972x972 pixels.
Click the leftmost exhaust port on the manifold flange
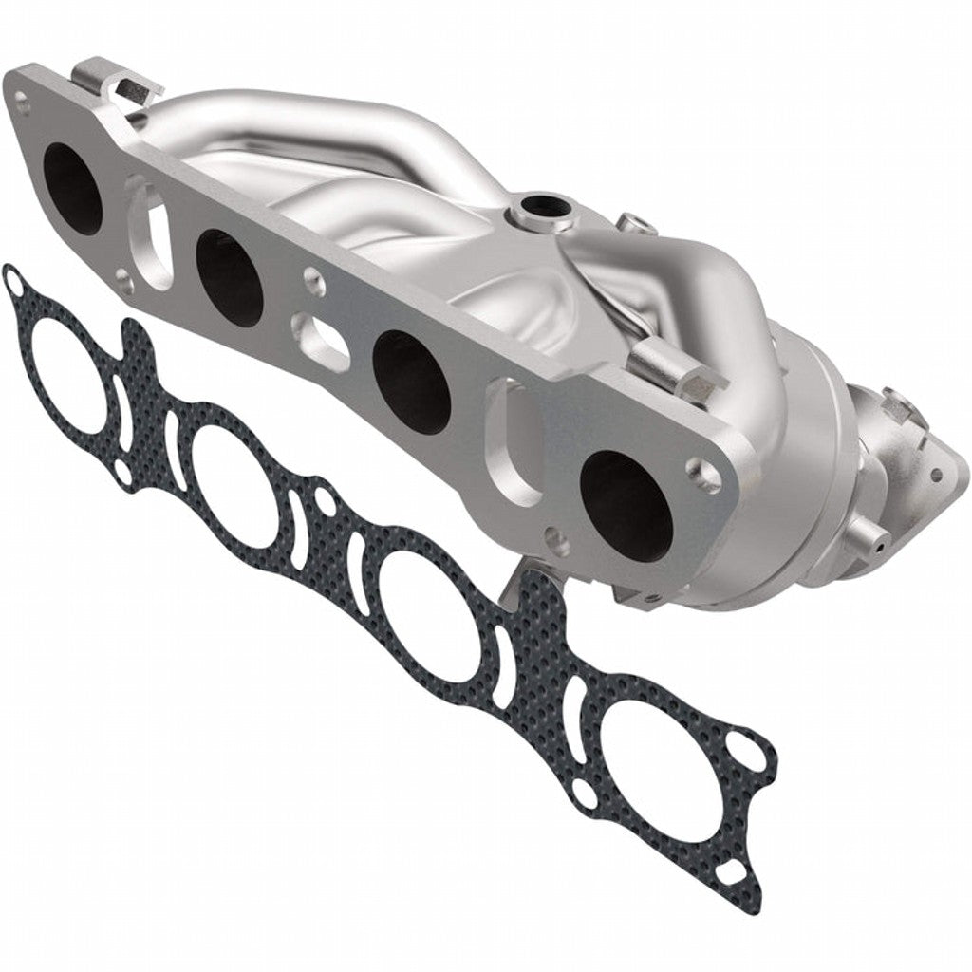[72, 192]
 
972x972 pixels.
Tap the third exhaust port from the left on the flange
[411, 378]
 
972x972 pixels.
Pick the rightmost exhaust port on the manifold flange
[626, 503]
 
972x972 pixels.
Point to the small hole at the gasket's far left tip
[12, 281]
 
